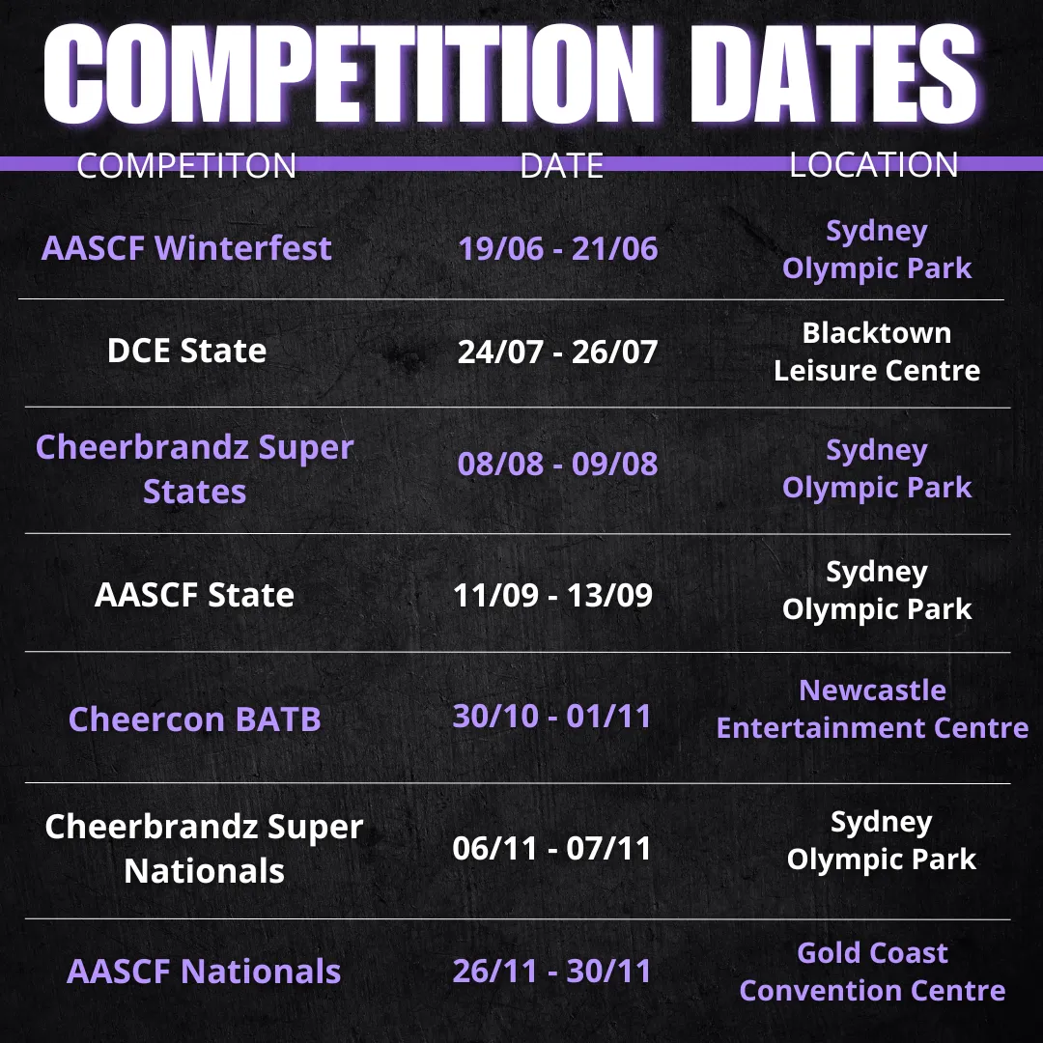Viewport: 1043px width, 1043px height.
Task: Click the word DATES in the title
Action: pyautogui.click(x=834, y=73)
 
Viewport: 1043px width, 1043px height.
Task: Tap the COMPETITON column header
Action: pyautogui.click(x=186, y=165)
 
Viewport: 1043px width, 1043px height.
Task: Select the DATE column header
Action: pyautogui.click(x=561, y=165)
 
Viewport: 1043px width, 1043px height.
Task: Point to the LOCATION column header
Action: pyautogui.click(x=873, y=164)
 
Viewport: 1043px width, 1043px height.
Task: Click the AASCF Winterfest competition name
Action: pyautogui.click(x=186, y=248)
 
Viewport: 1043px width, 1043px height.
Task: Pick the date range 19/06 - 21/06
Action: pyautogui.click(x=557, y=249)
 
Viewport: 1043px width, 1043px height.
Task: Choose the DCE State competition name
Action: pyautogui.click(x=187, y=351)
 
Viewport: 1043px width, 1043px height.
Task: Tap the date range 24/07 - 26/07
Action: pyautogui.click(x=557, y=352)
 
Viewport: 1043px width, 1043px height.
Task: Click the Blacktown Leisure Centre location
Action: pyautogui.click(x=877, y=352)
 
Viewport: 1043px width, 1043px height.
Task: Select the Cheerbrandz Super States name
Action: pyautogui.click(x=195, y=469)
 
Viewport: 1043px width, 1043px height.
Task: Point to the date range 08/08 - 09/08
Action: pyautogui.click(x=557, y=464)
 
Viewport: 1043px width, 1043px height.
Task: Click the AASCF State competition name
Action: pyautogui.click(x=194, y=595)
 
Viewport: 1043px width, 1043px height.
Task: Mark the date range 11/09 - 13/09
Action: pyautogui.click(x=552, y=595)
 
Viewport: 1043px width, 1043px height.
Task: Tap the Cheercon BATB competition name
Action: pyautogui.click(x=194, y=719)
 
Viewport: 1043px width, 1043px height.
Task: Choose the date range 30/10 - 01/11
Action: pyautogui.click(x=552, y=717)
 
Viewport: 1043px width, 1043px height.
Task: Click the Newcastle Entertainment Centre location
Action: pyautogui.click(x=872, y=709)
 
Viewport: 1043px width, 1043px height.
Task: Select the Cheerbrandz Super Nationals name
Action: pyautogui.click(x=204, y=849)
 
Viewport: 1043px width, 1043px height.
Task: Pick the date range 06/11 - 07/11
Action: pyautogui.click(x=552, y=848)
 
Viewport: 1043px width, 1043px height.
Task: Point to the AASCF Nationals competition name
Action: pyautogui.click(x=204, y=972)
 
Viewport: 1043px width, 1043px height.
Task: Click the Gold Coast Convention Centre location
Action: pyautogui.click(x=872, y=972)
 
